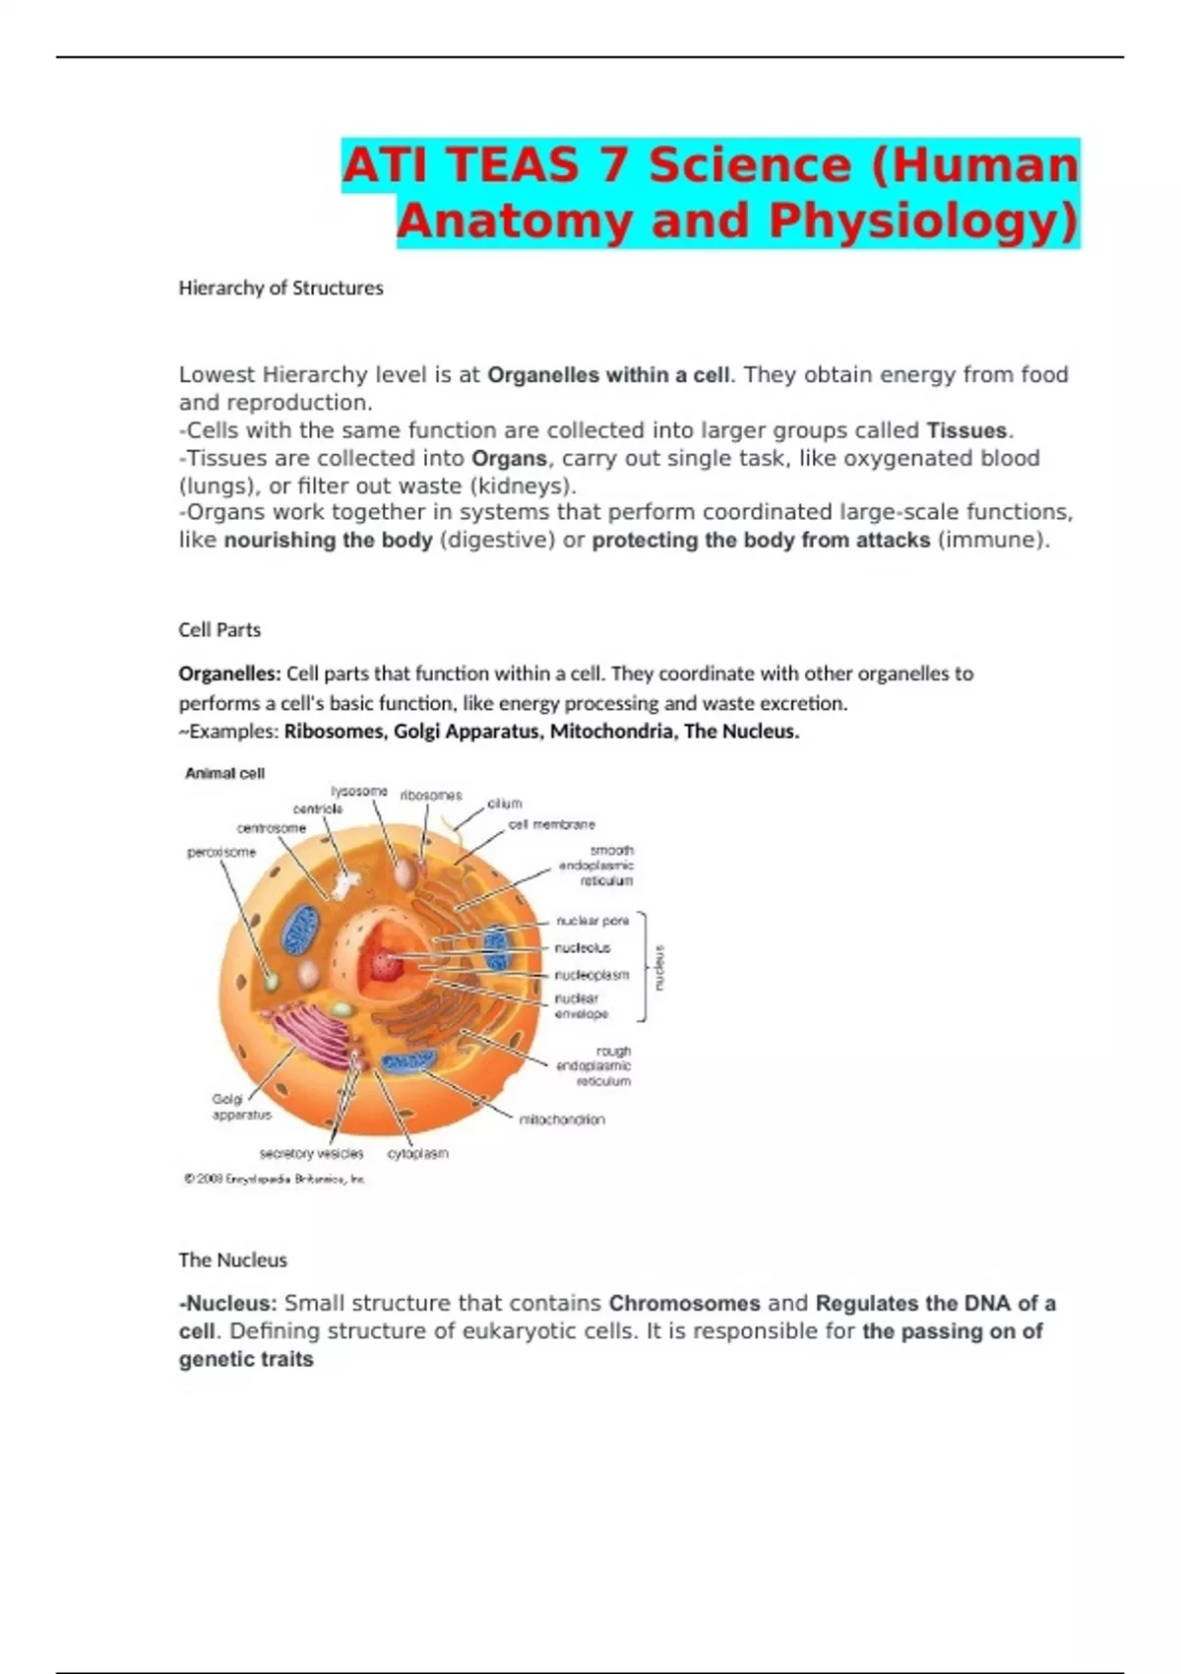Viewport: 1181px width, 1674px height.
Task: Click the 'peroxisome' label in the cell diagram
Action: (221, 852)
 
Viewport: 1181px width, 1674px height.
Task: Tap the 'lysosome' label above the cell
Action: (358, 791)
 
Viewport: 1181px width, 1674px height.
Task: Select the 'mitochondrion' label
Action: (561, 1120)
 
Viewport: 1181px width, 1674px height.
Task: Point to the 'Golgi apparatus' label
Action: (240, 1107)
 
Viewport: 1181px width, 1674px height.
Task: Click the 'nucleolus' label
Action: (582, 947)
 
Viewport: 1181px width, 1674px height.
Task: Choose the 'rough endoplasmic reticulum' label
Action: (593, 1065)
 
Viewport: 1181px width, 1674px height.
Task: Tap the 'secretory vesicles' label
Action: (311, 1153)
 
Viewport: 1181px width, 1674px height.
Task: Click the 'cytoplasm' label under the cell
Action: (417, 1153)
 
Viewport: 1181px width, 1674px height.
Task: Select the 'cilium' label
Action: (505, 804)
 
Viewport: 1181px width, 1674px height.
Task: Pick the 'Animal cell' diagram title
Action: (224, 773)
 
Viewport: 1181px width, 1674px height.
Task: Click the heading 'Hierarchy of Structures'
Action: (280, 288)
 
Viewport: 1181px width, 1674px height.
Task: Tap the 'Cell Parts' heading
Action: (219, 629)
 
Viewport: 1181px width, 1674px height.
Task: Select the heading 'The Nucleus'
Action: (232, 1259)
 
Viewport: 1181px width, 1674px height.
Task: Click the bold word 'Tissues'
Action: (966, 430)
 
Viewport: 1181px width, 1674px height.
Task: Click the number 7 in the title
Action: (614, 164)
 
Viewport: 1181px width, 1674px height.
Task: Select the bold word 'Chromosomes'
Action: (684, 1303)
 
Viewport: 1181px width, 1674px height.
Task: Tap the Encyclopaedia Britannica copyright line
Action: (275, 1179)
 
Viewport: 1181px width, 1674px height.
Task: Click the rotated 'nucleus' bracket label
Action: (659, 967)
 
